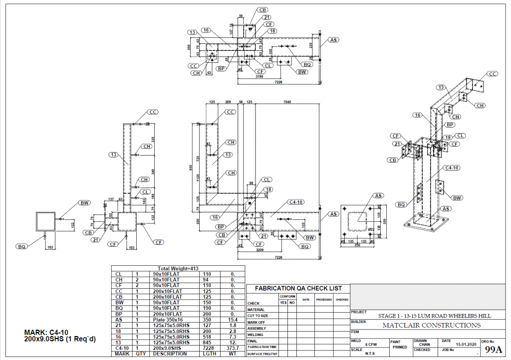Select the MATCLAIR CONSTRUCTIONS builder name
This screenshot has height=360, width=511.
point(431,326)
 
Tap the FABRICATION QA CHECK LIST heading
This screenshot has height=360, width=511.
point(298,288)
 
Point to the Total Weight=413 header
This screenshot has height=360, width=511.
point(178,268)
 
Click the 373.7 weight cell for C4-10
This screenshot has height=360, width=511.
point(234,349)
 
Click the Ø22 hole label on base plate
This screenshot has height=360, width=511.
point(371,228)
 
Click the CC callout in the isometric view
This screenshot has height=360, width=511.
point(492,74)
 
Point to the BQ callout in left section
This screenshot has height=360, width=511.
point(21,246)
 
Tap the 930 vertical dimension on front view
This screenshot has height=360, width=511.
point(190,167)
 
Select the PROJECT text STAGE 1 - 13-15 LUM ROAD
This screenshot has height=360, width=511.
point(434,316)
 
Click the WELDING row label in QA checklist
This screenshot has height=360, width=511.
point(255,335)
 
